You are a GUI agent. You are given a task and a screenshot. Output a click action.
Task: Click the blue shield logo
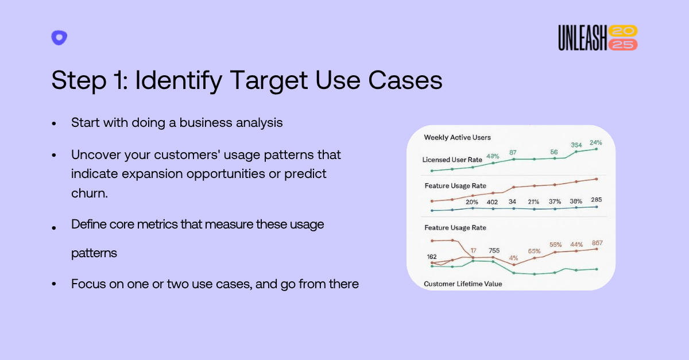(x=59, y=37)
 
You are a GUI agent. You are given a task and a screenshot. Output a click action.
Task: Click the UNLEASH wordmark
(x=583, y=37)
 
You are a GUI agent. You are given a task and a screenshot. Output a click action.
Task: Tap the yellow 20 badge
(x=623, y=31)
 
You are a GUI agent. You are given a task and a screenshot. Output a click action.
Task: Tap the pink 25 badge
(x=623, y=45)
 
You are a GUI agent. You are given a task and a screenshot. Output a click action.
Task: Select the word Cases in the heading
(x=405, y=80)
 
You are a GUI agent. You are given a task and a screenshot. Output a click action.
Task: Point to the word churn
(x=90, y=193)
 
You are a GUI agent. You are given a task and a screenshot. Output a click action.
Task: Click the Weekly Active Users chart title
(x=457, y=138)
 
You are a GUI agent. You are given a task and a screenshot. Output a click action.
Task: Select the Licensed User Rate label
(x=452, y=160)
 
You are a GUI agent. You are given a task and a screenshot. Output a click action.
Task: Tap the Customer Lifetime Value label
(x=463, y=284)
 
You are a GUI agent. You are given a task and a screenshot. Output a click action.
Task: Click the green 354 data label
(x=576, y=145)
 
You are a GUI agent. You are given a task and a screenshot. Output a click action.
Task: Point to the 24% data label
(x=595, y=142)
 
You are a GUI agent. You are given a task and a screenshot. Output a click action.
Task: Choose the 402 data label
(x=492, y=202)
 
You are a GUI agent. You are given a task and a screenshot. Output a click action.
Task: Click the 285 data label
(x=596, y=200)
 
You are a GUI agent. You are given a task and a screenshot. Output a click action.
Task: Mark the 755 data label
(x=494, y=250)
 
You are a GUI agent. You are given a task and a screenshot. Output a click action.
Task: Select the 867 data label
(x=597, y=243)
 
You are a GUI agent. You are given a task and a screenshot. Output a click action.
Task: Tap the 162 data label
(x=432, y=257)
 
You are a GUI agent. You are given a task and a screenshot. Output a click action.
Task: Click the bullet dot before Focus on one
(x=54, y=284)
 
